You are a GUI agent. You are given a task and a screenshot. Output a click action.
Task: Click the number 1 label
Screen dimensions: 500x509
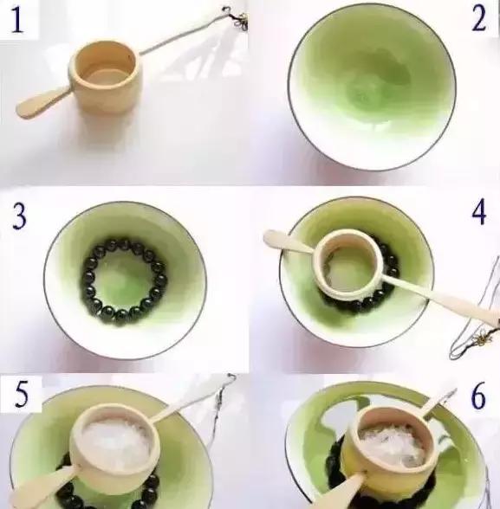coord(17,19)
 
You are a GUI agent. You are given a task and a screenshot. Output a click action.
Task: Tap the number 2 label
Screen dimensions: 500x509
coord(478,19)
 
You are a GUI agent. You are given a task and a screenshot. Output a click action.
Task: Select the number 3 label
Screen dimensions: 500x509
coord(19,216)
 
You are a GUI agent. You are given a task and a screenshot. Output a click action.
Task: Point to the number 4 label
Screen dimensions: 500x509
coord(479,212)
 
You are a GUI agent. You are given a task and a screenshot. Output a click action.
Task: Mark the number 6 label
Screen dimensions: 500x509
coord(478,396)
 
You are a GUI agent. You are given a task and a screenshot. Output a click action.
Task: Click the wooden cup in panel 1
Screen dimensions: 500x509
coord(105,77)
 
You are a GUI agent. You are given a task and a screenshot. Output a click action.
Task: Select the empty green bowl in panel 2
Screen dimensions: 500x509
coord(372,87)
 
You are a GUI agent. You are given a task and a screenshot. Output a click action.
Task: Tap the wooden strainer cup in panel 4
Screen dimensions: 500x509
coord(348,265)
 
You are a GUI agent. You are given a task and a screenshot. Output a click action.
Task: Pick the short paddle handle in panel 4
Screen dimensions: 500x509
coord(289,242)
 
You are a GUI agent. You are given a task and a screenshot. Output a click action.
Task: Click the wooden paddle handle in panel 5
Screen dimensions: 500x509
coord(42,485)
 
